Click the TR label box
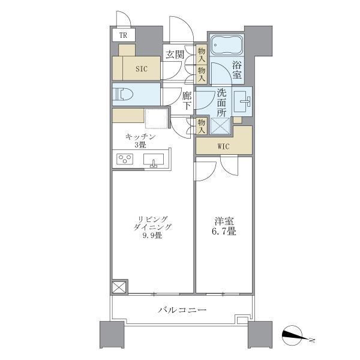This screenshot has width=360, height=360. click(123, 35)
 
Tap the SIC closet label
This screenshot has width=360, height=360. click(141, 68)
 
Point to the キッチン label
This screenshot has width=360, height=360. click(141, 137)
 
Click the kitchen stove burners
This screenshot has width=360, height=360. click(125, 159)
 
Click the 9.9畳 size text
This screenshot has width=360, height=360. click(152, 236)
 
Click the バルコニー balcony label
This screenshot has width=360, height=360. click(182, 310)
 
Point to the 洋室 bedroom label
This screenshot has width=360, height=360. click(223, 221)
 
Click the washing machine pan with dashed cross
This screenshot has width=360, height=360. click(219, 127)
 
